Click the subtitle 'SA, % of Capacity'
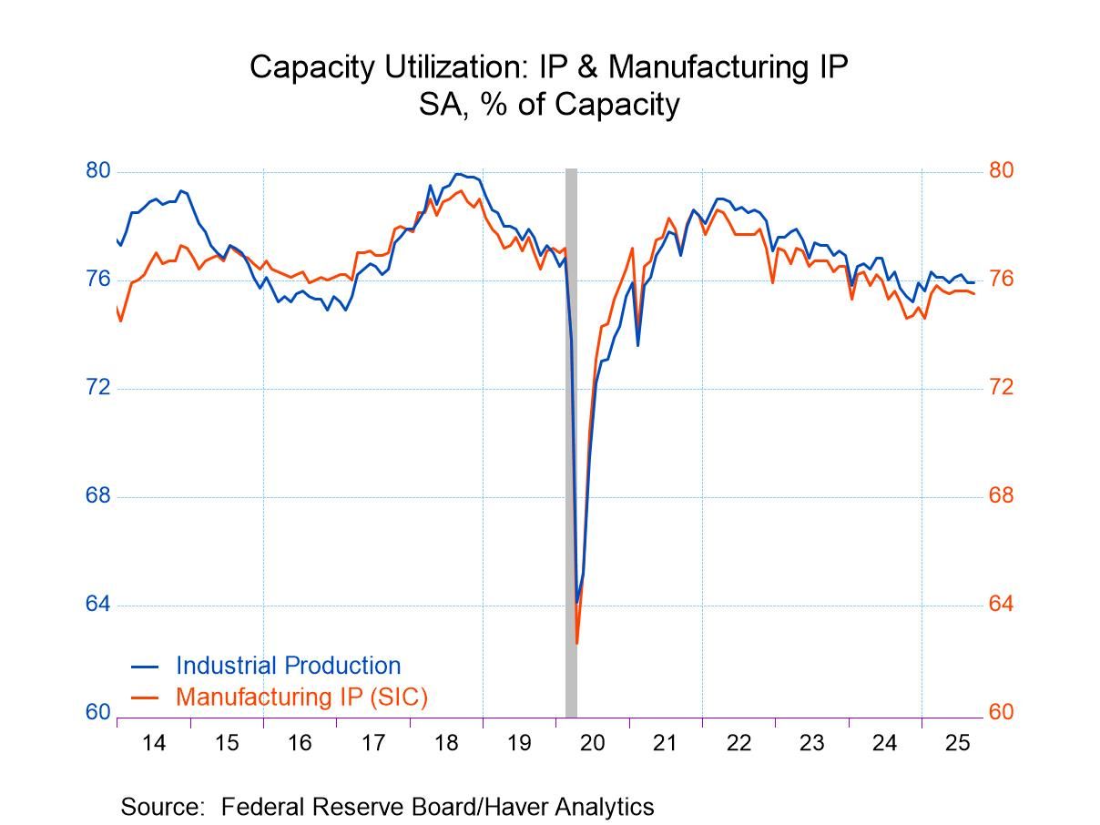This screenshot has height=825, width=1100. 549,105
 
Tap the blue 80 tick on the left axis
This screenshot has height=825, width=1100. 98,171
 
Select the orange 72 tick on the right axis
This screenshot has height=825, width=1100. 1001,388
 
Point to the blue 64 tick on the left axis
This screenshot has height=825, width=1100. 98,605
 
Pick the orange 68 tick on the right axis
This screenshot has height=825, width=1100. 1001,496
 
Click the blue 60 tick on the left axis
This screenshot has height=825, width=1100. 98,713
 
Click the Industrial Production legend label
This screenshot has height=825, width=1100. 288,666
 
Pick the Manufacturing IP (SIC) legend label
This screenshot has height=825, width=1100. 301,698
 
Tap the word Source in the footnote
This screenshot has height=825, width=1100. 159,807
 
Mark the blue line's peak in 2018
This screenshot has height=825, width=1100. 457,173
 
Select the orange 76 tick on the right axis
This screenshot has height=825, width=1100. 1001,280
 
